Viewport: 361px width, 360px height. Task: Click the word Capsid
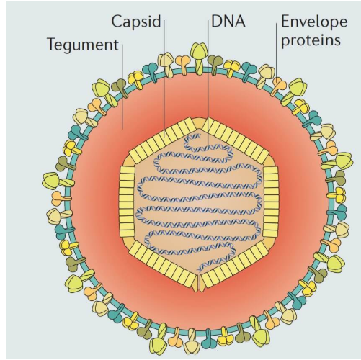pyautogui.click(x=136, y=22)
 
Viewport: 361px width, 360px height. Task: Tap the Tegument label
pyautogui.click(x=83, y=45)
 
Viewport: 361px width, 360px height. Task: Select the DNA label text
pyautogui.click(x=228, y=21)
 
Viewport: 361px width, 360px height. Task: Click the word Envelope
pyautogui.click(x=314, y=22)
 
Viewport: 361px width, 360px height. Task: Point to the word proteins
pyautogui.click(x=311, y=40)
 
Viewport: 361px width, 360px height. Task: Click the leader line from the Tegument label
pyautogui.click(x=122, y=86)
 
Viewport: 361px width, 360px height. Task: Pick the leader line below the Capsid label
pyautogui.click(x=164, y=78)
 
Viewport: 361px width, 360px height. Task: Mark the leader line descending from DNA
pyautogui.click(x=208, y=83)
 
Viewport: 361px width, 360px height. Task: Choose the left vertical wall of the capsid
pyautogui.click(x=127, y=202)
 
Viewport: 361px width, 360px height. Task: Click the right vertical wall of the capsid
pyautogui.click(x=271, y=202)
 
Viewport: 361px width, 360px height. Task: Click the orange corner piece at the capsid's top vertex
pyautogui.click(x=199, y=122)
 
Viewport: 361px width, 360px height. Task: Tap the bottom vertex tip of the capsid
pyautogui.click(x=199, y=291)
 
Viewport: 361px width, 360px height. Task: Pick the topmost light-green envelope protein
pyautogui.click(x=199, y=52)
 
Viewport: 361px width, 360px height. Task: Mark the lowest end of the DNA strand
pyautogui.click(x=198, y=270)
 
